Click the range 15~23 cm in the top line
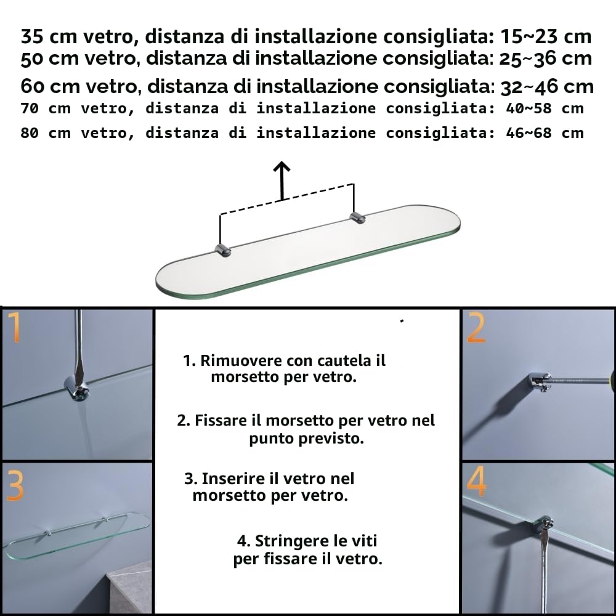(546, 36)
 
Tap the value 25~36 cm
(545, 59)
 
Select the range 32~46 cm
(547, 87)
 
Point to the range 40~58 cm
(545, 108)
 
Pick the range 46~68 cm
(545, 133)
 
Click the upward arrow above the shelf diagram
(282, 180)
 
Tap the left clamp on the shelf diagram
(223, 250)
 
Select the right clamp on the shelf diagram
(357, 217)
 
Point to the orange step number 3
(15, 486)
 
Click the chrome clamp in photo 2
(540, 383)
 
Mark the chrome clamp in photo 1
(77, 388)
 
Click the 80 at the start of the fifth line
(30, 133)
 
